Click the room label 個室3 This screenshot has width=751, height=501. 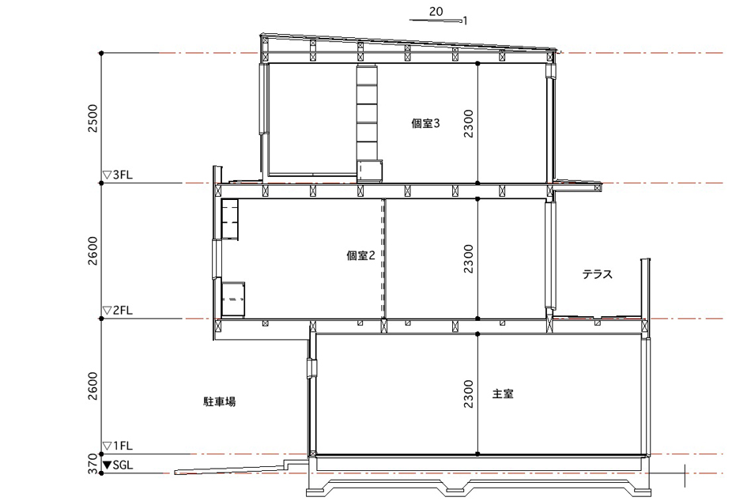click(425, 123)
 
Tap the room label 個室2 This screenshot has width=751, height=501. click(360, 255)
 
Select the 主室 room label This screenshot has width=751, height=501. click(503, 394)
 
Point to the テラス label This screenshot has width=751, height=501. click(598, 274)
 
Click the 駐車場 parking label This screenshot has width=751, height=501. click(219, 401)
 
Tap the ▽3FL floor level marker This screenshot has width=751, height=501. click(118, 175)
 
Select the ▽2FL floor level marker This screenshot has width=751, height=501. click(118, 311)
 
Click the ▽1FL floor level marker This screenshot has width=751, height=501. click(118, 446)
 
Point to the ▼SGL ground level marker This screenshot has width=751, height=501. click(119, 465)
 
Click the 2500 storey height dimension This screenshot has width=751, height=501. click(93, 119)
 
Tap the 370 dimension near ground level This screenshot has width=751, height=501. click(93, 464)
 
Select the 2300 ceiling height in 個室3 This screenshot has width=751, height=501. click(469, 123)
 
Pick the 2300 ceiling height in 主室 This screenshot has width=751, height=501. click(469, 394)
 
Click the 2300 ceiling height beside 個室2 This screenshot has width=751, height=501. click(469, 258)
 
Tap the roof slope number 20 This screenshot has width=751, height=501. click(436, 12)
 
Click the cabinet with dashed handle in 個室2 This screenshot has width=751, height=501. click(233, 299)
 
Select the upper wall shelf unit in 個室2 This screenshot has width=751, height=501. click(230, 219)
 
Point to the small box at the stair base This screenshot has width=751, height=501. click(370, 171)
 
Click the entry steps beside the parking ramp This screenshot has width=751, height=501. click(296, 464)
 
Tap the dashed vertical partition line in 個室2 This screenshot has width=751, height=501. click(383, 258)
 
